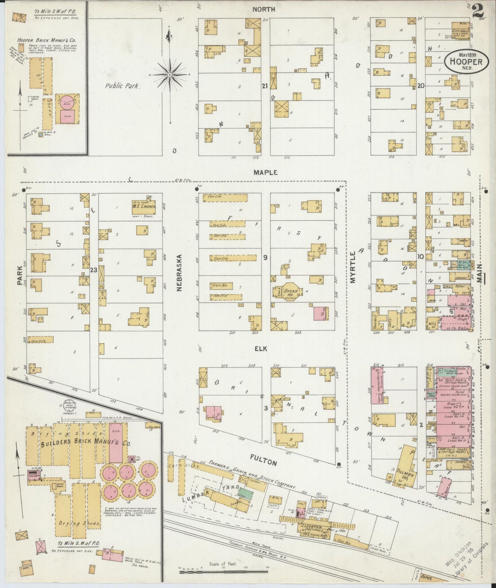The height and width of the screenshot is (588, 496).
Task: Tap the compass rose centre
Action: (170, 74)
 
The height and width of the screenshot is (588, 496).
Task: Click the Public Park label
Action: (123, 86)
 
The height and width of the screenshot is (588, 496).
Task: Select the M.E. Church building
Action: (144, 208)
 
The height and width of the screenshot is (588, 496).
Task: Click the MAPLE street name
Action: (265, 173)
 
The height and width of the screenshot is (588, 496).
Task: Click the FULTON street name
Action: (263, 463)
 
